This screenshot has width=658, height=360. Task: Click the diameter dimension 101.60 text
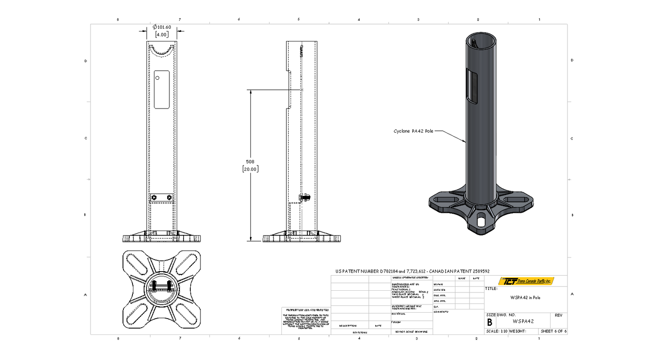click(163, 27)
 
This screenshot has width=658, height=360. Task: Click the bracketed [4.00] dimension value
click(162, 34)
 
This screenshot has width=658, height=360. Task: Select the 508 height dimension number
click(250, 161)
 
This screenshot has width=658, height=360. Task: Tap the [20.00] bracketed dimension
click(250, 169)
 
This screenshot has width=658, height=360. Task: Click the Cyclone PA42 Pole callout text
click(413, 131)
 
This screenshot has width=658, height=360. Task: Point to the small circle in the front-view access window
click(157, 78)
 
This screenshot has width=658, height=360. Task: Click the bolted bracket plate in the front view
click(162, 197)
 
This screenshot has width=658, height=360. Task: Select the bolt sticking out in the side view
click(305, 197)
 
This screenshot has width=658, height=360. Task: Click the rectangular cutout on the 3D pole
click(472, 87)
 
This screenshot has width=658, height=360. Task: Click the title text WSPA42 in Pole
click(525, 298)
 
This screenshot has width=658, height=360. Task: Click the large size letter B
click(490, 321)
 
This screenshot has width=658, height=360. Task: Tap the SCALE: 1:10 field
click(497, 331)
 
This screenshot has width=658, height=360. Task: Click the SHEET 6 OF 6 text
click(553, 331)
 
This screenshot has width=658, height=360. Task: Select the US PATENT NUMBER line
click(412, 271)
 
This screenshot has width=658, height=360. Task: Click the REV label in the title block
click(558, 315)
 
